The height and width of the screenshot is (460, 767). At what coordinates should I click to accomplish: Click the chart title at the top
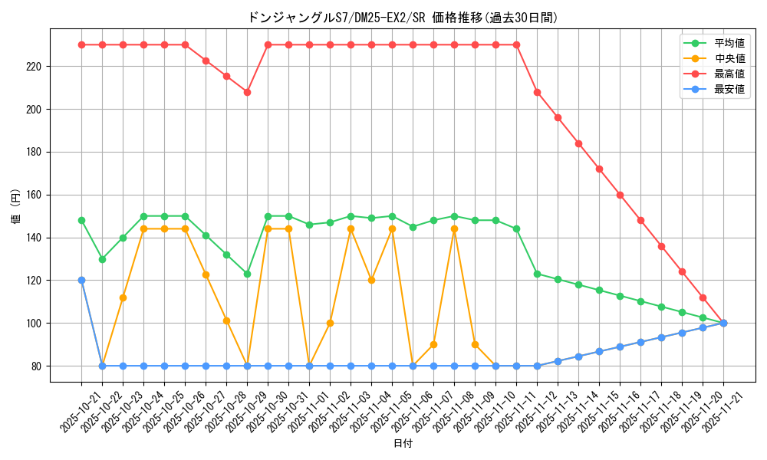coord(403,17)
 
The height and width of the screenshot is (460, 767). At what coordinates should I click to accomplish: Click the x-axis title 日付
coord(403,444)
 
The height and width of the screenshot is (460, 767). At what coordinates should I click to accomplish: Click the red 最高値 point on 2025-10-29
coord(247,92)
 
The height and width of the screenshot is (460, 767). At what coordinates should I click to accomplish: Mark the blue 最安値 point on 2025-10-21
coord(81,280)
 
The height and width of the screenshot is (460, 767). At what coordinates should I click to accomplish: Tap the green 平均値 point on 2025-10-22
coord(102,259)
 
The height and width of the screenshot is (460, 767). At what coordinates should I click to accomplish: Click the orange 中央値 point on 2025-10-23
coord(123,297)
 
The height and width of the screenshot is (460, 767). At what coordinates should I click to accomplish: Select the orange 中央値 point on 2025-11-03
coord(371,280)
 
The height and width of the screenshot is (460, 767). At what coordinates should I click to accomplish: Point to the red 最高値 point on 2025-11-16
coord(620,195)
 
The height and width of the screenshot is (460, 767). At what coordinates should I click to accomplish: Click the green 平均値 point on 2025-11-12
coord(537,274)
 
